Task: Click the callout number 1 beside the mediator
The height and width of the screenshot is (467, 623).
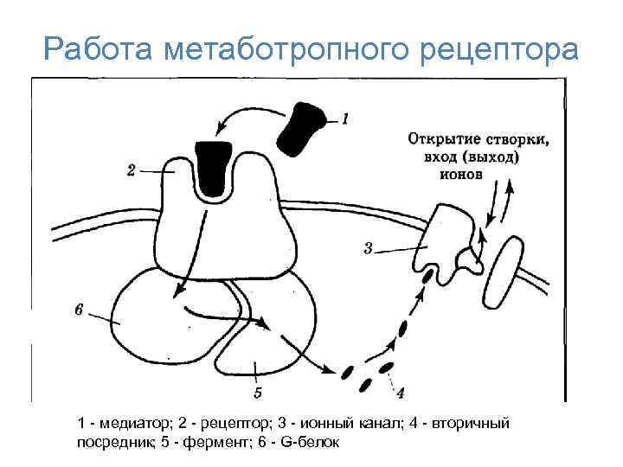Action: click(345, 118)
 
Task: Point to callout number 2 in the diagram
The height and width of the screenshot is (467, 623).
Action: click(132, 171)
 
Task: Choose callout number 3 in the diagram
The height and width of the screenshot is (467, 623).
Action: click(368, 249)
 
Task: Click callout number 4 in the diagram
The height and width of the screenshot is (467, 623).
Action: click(400, 393)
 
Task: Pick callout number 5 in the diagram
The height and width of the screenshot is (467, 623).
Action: click(258, 393)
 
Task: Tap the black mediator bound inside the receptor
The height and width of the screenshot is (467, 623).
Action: click(212, 166)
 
